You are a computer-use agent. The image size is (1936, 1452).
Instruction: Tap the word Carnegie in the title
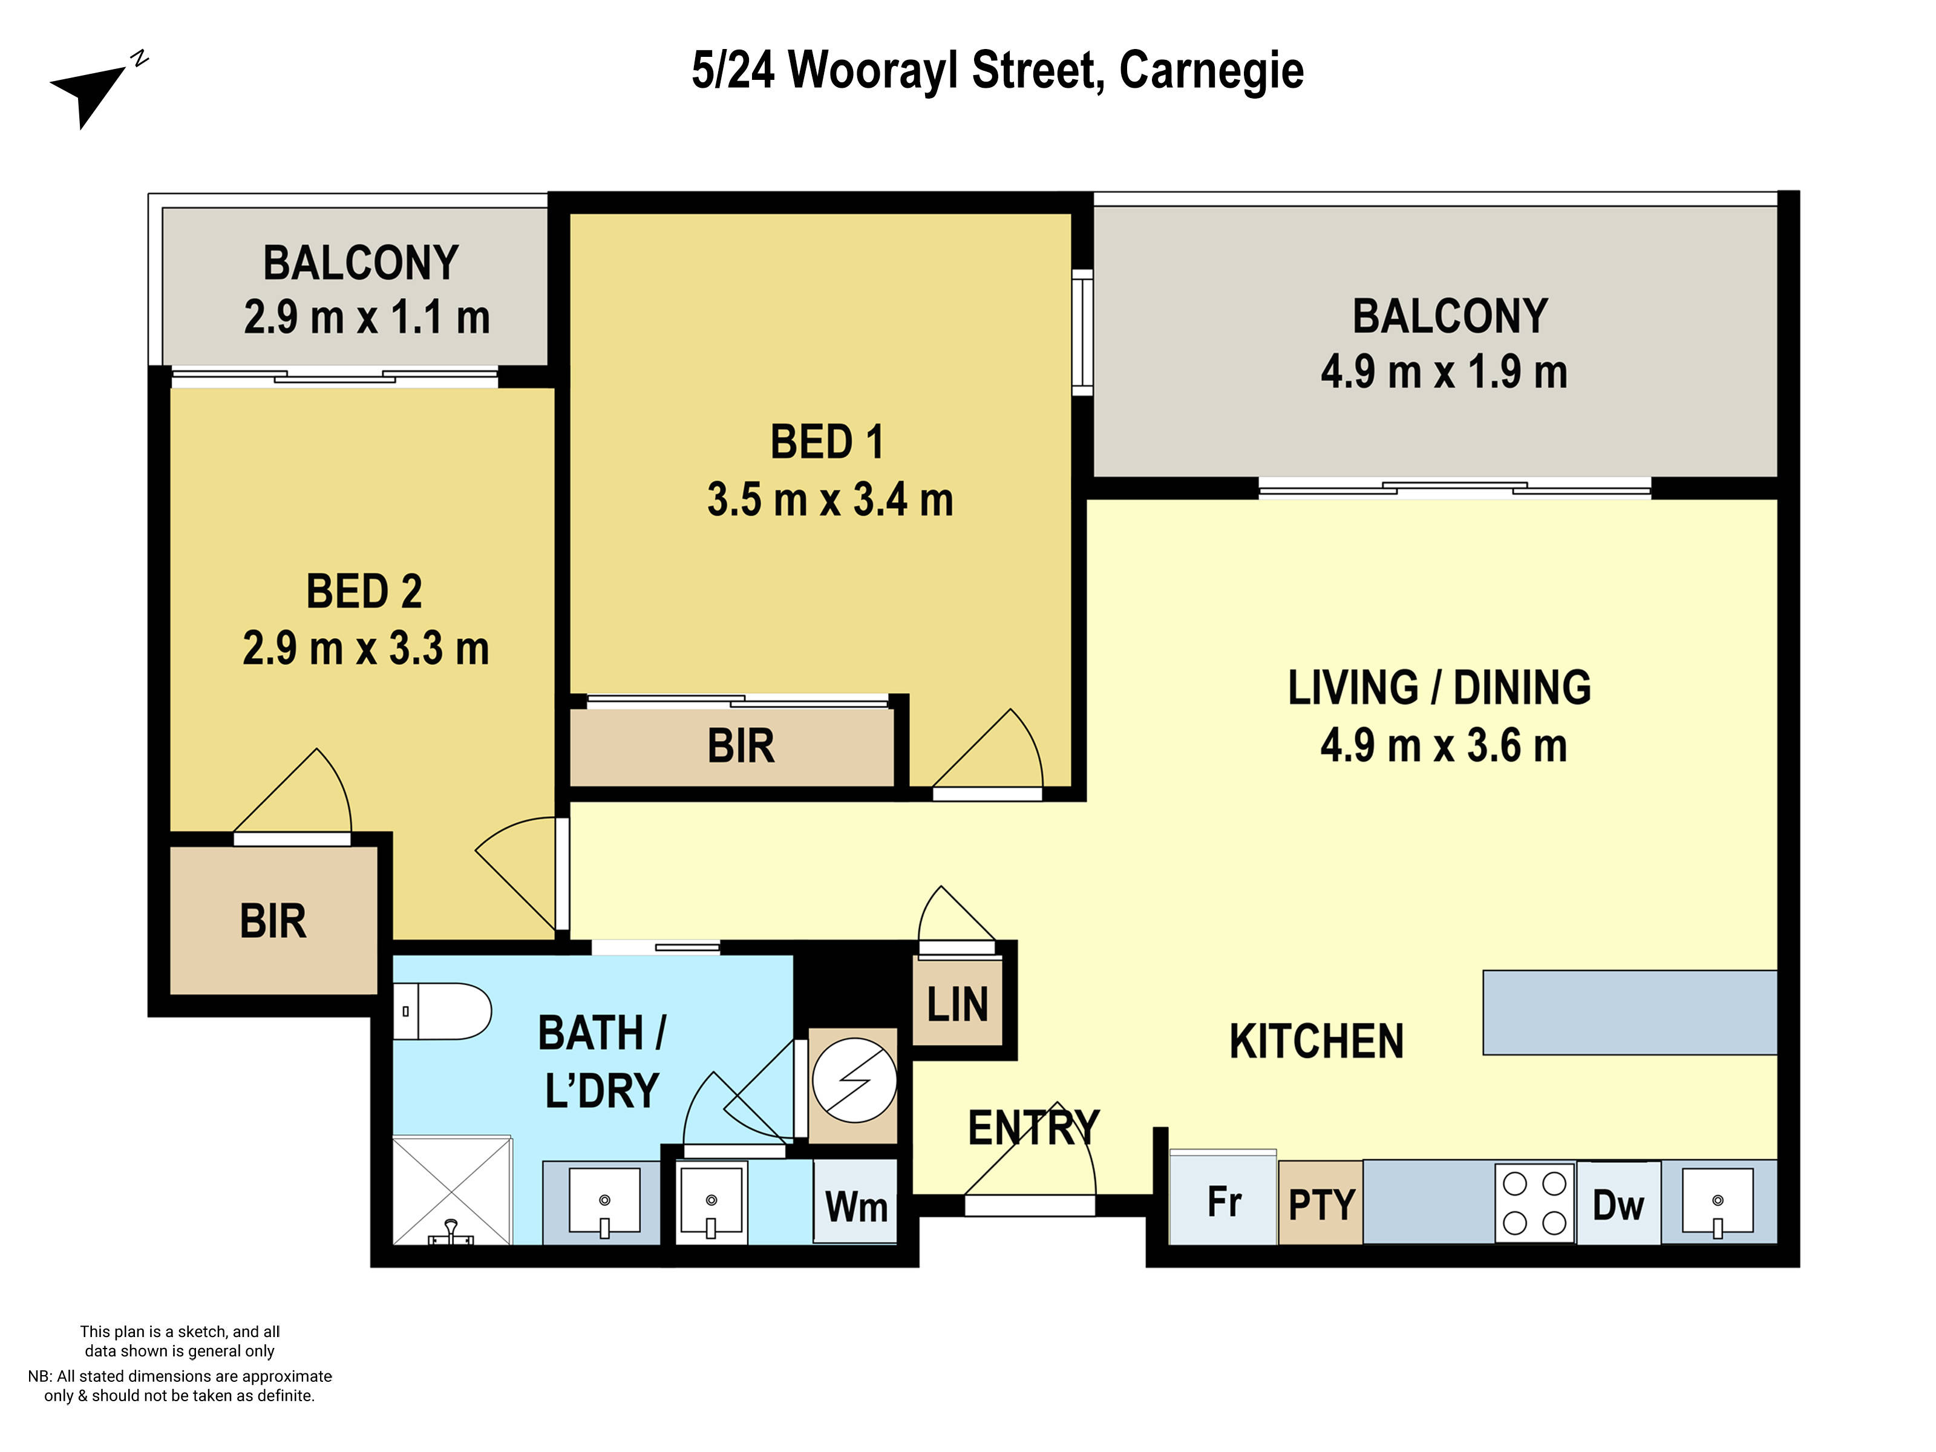tap(1211, 70)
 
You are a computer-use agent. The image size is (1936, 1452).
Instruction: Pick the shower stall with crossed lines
tap(451, 1190)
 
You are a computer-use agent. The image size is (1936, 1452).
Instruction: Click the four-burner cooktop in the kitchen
tap(1534, 1203)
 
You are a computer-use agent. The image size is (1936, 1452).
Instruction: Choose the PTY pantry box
tap(1320, 1205)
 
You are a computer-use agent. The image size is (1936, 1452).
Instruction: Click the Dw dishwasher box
tap(1617, 1205)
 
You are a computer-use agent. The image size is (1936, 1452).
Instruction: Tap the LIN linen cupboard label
tap(957, 1004)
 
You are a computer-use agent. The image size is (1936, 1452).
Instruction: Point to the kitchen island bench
tap(1629, 1012)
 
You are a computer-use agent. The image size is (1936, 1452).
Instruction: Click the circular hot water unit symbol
tap(853, 1080)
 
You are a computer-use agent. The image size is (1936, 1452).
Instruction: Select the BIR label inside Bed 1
tap(741, 747)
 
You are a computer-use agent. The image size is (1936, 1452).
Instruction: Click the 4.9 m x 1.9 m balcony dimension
tap(1444, 372)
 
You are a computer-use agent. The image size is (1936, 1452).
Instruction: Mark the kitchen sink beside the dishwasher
tap(1717, 1202)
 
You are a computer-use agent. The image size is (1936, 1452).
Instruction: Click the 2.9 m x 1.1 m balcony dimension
tap(366, 317)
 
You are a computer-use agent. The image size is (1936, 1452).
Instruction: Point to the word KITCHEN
tap(1315, 1042)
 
